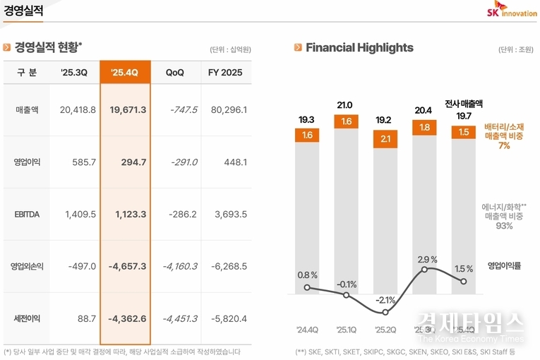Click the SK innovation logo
(512, 11)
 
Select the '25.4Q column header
(125, 73)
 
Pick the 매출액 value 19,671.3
(128, 109)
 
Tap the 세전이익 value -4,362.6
(128, 318)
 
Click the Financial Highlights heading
(359, 47)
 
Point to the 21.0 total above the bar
(345, 105)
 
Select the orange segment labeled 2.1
(385, 138)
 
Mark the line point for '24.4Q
(307, 287)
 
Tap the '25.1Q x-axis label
(346, 330)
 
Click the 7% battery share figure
(504, 146)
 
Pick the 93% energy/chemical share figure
(504, 226)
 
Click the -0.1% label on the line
(346, 284)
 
